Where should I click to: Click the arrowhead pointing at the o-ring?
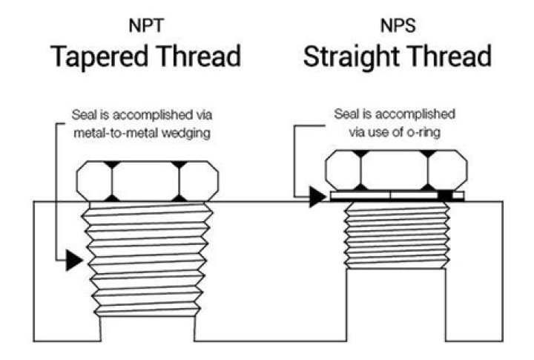click(x=317, y=196)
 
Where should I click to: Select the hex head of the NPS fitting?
click(x=397, y=170)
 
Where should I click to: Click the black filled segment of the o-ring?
click(x=444, y=196)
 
